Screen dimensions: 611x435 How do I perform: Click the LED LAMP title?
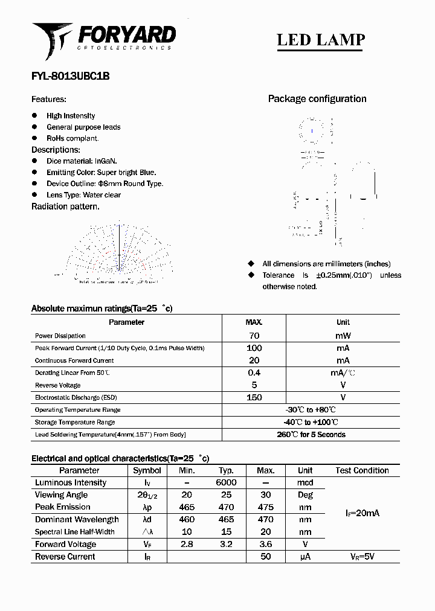tap(320, 40)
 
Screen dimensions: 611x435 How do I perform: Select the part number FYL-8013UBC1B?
tap(70, 77)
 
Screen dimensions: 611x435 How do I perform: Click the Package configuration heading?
tap(317, 99)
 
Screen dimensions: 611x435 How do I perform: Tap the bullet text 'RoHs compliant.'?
tap(72, 138)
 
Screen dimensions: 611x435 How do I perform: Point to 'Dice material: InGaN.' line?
tap(82, 161)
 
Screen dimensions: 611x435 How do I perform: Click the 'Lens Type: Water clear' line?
tap(83, 195)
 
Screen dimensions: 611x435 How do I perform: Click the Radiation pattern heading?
tap(65, 206)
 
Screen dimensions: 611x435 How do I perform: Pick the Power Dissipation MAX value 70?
tap(254, 336)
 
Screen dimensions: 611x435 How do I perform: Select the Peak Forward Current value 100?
tap(254, 348)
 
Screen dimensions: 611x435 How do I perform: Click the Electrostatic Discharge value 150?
tap(254, 397)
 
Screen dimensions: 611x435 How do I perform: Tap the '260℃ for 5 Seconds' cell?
tap(311, 435)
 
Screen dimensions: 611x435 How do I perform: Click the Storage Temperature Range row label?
tap(75, 422)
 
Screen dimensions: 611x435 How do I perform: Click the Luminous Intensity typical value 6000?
tap(226, 482)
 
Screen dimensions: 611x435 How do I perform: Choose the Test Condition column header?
tap(362, 470)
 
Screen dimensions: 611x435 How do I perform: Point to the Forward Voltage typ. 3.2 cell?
tap(226, 544)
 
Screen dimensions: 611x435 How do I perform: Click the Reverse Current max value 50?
tap(265, 557)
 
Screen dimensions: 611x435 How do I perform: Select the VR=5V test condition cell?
tap(362, 557)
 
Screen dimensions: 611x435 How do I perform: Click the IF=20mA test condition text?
tap(362, 513)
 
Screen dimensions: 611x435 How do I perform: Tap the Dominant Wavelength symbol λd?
tap(147, 519)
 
